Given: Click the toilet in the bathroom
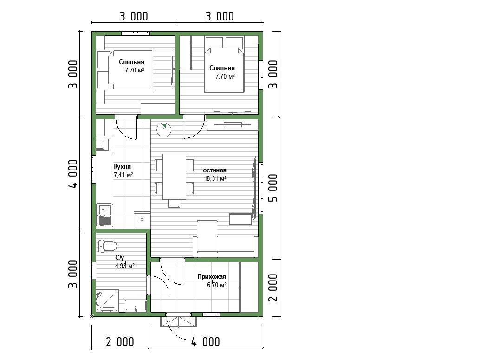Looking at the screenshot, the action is click(107, 246).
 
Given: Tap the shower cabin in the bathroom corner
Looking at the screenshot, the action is click(107, 301).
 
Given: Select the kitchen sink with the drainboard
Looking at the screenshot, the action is click(104, 215).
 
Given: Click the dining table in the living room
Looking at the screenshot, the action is click(174, 177).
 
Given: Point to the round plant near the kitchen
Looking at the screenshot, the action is click(164, 129).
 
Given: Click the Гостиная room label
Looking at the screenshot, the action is click(213, 170).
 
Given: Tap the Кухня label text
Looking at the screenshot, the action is click(122, 167).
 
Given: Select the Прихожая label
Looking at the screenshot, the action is click(211, 276).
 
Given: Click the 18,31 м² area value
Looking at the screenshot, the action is click(215, 178).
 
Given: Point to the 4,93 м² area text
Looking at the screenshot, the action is click(125, 266).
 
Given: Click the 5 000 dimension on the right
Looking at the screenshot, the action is click(274, 188).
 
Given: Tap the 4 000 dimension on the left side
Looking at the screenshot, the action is click(73, 174).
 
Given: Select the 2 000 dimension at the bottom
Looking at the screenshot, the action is click(120, 342).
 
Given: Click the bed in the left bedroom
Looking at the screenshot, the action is click(125, 70).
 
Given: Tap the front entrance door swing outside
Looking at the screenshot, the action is click(178, 326).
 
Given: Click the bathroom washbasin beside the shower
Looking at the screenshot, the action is click(136, 306).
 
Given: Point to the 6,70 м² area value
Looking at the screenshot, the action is click(217, 285).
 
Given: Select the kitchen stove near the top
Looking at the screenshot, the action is click(102, 145).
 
